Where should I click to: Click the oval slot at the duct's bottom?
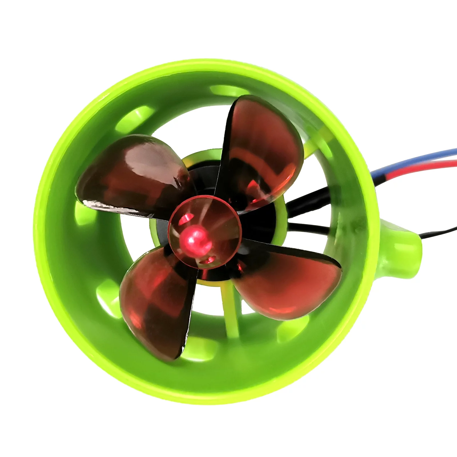click(200, 351)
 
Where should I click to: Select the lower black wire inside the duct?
click(308, 228)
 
